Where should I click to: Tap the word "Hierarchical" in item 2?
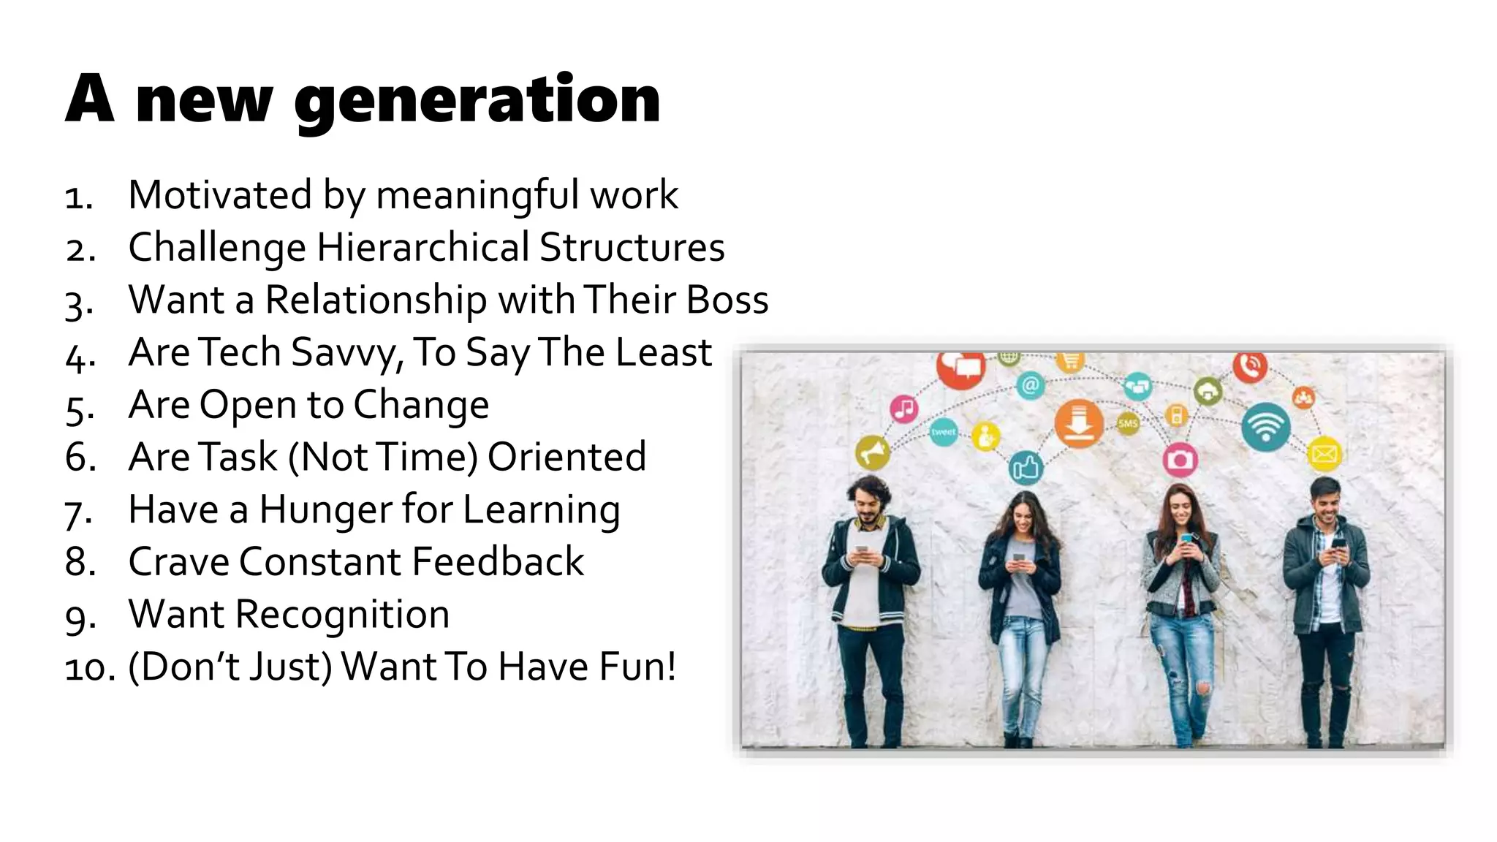[x=422, y=247]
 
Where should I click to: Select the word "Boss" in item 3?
[x=728, y=300]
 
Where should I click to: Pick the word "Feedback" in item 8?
[x=498, y=562]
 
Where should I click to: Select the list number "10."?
[x=89, y=667]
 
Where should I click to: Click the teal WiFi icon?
[x=1265, y=427]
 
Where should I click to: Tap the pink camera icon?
[x=1179, y=460]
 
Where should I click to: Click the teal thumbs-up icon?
[x=1026, y=466]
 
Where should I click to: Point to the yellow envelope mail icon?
[x=1324, y=454]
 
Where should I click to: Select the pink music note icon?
[x=904, y=408]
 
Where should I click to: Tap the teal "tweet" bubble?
[x=943, y=431]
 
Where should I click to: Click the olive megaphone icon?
[x=872, y=453]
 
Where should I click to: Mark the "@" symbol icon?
[x=1030, y=384]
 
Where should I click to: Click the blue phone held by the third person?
[x=1186, y=539]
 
